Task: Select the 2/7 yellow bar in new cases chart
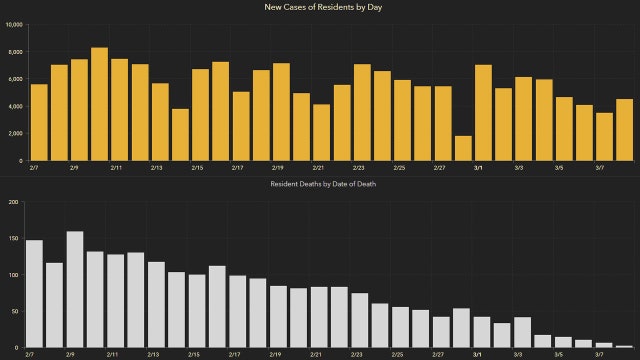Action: [39, 122]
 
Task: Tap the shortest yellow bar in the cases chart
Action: [463, 148]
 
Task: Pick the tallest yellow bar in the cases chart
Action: [99, 104]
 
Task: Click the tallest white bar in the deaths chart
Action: [74, 289]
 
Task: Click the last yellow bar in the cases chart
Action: [624, 130]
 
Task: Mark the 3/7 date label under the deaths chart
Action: [599, 355]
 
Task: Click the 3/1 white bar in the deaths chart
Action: [482, 332]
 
